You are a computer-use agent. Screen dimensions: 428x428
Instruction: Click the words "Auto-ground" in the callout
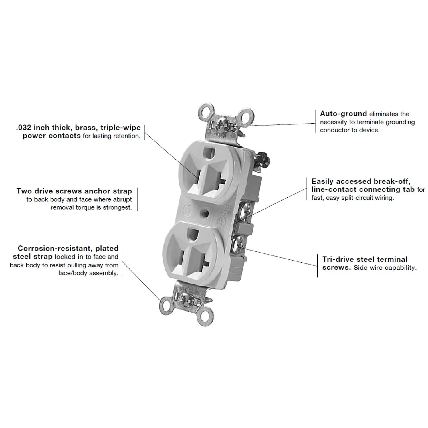point(343,114)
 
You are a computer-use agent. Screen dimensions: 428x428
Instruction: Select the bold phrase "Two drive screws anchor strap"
point(74,191)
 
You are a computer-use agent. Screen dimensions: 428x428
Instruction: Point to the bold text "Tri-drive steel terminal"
point(365,259)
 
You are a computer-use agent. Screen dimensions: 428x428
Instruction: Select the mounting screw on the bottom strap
point(186,300)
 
